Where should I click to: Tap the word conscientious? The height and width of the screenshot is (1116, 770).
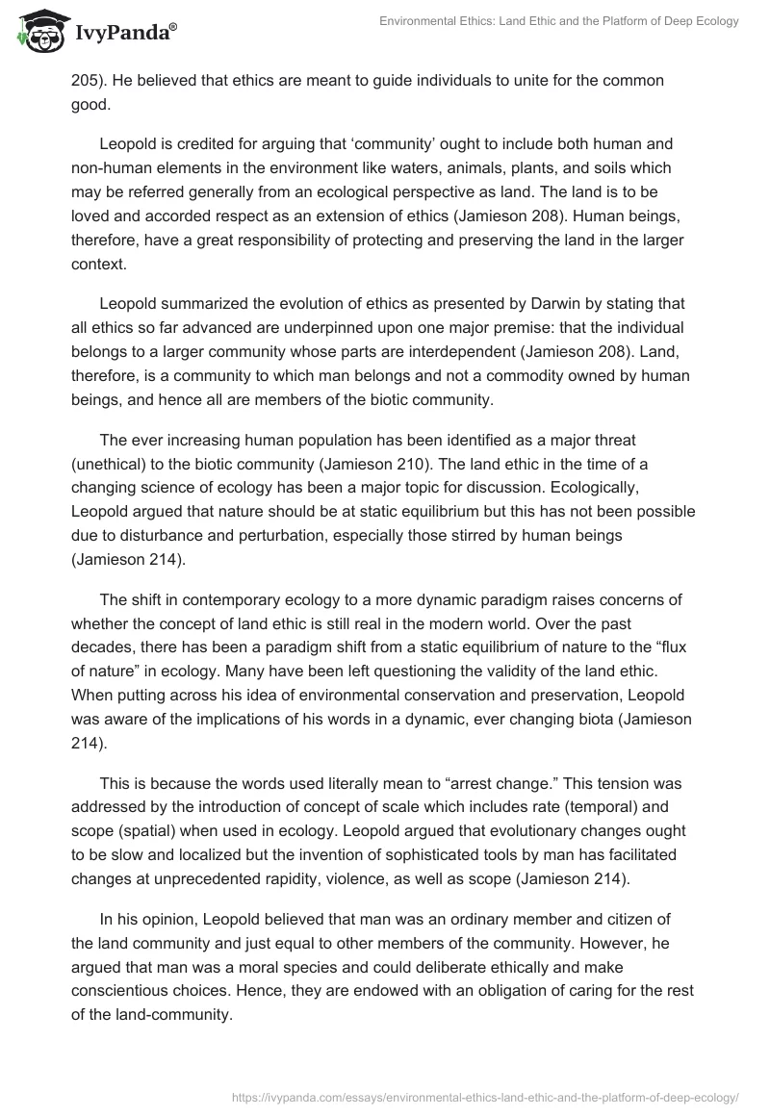[x=122, y=969]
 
